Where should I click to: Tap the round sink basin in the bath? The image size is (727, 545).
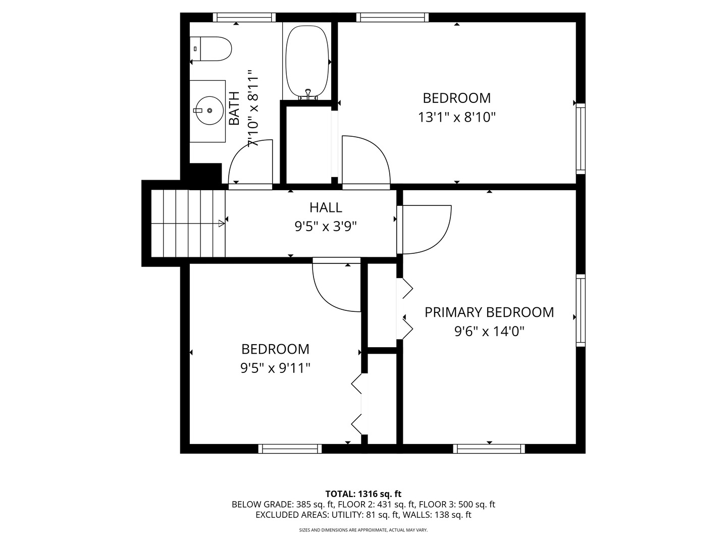pyautogui.click(x=209, y=110)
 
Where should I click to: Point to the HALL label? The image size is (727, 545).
pyautogui.click(x=326, y=207)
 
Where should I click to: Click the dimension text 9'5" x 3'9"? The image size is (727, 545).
pyautogui.click(x=326, y=227)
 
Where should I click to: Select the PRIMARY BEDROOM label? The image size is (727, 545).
pyautogui.click(x=489, y=312)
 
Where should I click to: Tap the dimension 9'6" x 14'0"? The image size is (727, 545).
pyautogui.click(x=489, y=332)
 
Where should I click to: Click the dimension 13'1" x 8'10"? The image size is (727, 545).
pyautogui.click(x=456, y=117)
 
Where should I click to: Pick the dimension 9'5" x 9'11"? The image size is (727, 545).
pyautogui.click(x=275, y=368)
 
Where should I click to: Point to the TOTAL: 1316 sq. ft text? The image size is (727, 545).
pyautogui.click(x=363, y=494)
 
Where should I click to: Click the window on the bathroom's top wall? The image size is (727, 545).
pyautogui.click(x=244, y=18)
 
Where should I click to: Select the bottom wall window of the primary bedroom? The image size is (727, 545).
pyautogui.click(x=489, y=449)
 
